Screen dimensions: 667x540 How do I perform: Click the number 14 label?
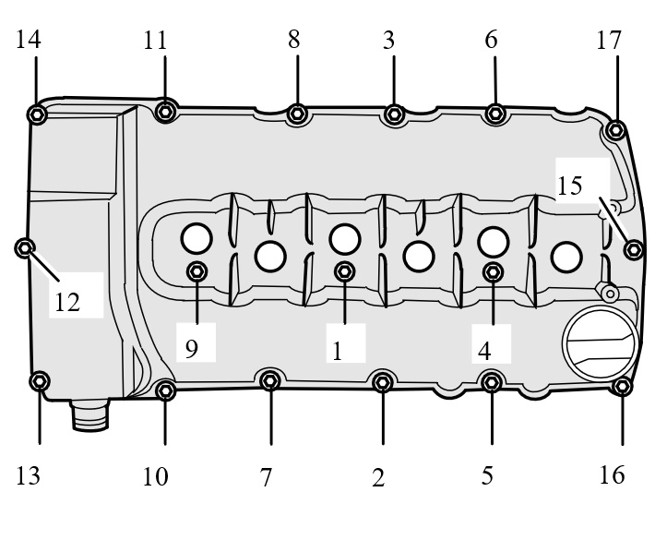click(28, 40)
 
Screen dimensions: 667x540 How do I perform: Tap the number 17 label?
click(609, 41)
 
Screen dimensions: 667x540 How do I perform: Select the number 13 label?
click(28, 475)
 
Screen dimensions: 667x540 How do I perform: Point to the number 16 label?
click(613, 474)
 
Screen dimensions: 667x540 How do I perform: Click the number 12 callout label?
click(67, 303)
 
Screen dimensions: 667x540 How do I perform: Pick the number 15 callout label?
click(569, 186)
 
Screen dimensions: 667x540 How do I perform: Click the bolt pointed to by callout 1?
click(344, 271)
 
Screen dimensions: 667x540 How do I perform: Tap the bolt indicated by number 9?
click(197, 271)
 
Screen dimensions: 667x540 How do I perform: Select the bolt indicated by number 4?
click(493, 272)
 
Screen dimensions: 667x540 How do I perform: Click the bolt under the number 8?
click(297, 114)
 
